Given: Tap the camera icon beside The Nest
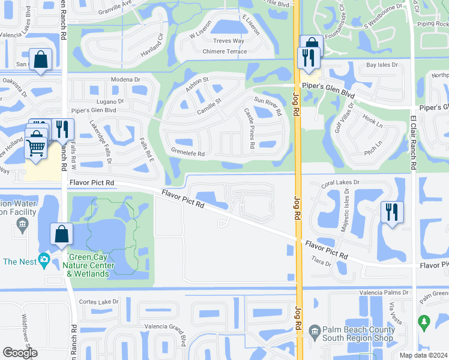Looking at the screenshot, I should (x=44, y=260).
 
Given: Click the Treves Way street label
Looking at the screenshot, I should (x=229, y=41).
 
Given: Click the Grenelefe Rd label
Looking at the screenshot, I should (x=188, y=154).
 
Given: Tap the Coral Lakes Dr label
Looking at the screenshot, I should (x=340, y=182).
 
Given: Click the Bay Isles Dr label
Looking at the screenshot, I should (x=382, y=64).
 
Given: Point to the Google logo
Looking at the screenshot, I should (x=19, y=353).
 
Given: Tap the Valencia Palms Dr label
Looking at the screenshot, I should (x=384, y=292).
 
